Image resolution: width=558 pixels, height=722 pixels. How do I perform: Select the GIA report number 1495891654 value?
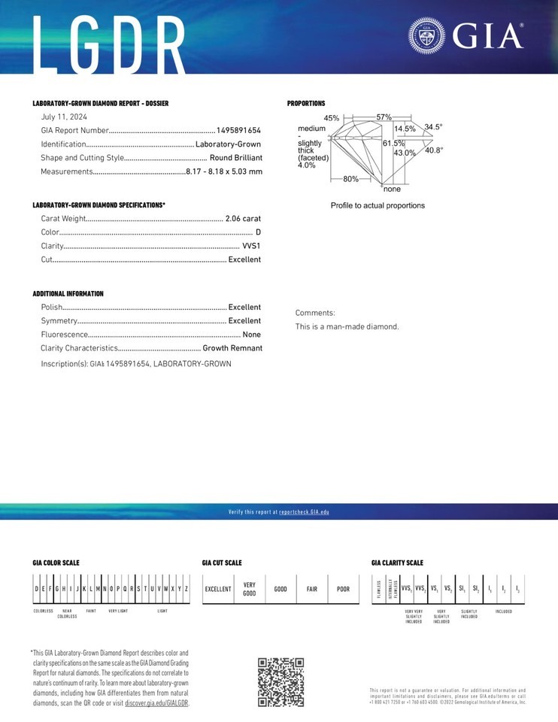pos(239,130)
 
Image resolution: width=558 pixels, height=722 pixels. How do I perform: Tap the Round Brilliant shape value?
pos(236,158)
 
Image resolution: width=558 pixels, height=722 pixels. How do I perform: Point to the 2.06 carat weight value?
pos(243,218)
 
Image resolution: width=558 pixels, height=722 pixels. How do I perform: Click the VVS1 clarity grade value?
pos(251,246)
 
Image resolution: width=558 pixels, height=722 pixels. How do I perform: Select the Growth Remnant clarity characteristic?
pos(232,348)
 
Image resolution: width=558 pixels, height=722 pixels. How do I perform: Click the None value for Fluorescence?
pos(252,335)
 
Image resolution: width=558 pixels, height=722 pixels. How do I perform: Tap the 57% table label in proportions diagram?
pos(384,117)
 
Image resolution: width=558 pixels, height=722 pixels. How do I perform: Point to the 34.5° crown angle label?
pos(434,127)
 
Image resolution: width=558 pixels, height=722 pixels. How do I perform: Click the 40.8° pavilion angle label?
pos(434,150)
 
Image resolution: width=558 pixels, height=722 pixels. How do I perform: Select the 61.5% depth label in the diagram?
pos(394,143)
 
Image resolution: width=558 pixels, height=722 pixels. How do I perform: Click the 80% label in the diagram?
pos(350,179)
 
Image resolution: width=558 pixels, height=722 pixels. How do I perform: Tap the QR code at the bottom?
pos(281,682)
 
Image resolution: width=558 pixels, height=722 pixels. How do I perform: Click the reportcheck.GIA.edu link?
pos(304,512)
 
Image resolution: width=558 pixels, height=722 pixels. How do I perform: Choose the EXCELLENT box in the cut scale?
pos(218,589)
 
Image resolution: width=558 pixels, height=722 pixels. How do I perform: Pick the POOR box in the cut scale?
pos(343,589)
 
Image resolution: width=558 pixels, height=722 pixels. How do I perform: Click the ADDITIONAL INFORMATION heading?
pos(68,294)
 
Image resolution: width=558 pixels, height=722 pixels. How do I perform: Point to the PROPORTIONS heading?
pos(306,103)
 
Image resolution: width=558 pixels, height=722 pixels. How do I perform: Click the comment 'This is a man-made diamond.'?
pos(347,327)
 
